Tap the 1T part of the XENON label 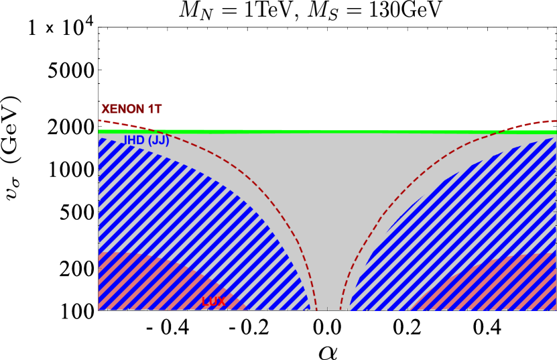tap(154, 109)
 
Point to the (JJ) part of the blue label tap(158, 140)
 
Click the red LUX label tap(214, 302)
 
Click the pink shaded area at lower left tap(134, 282)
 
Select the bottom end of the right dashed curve tap(341, 309)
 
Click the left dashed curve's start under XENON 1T tap(100, 121)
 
